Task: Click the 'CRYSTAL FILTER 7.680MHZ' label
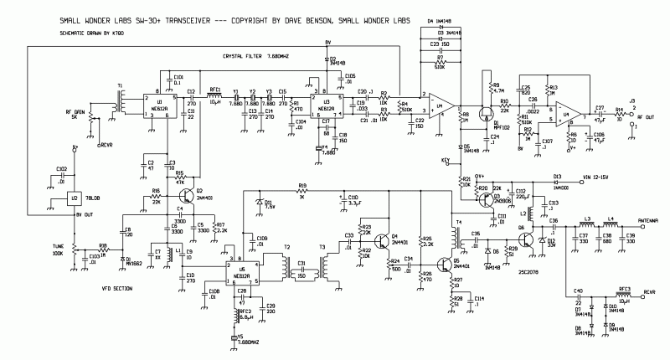(x=251, y=55)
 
